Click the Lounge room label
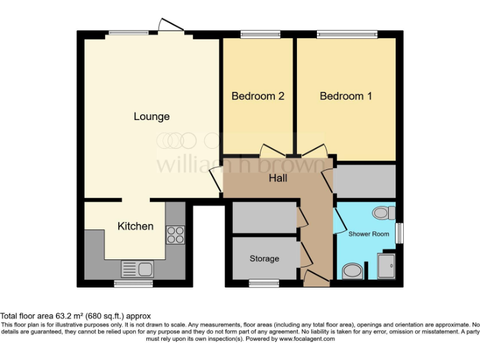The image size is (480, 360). tap(151, 117)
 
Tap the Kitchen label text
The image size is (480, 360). tap(136, 226)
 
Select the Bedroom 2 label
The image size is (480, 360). tap(258, 96)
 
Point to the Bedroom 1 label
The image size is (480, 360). tap(346, 96)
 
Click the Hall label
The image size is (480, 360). tap(278, 179)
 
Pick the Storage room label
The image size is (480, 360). tap(264, 258)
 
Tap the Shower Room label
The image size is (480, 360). tap(369, 234)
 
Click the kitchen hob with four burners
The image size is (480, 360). tap(176, 234)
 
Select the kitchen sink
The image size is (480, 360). tap(138, 269)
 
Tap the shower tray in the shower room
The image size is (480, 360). tap(387, 266)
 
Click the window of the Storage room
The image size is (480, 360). tap(256, 283)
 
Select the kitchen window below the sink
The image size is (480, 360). tap(133, 283)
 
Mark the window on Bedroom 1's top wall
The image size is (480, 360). tap(347, 34)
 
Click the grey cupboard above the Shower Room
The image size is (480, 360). tap(366, 181)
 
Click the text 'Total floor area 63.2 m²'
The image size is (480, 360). tap(76, 316)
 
